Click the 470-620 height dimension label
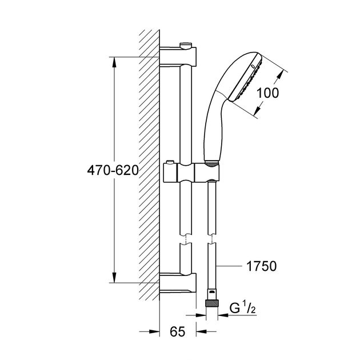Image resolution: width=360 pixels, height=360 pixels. [113, 171]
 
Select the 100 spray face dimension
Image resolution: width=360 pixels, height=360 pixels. [267, 93]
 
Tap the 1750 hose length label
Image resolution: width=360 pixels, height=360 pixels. [261, 266]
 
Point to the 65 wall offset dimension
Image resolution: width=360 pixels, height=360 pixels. [178, 331]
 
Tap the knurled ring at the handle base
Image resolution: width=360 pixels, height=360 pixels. [211, 163]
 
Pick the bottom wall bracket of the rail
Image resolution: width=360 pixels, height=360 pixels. [178, 284]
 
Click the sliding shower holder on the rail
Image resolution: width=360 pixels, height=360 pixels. [191, 173]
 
